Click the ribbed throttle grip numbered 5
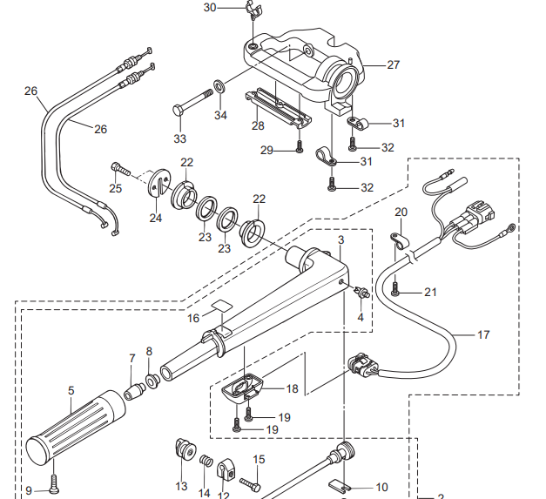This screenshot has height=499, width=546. coord(76,428)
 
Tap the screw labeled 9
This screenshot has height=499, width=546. coord(54,484)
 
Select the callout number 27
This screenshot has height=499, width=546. coord(393,64)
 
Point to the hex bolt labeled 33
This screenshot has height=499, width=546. coord(192,101)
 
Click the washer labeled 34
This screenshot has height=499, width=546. coord(219,85)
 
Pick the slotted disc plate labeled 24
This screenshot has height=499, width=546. coord(159,183)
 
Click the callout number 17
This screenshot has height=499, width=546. coord(483,334)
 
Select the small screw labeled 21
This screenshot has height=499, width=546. coord(394,289)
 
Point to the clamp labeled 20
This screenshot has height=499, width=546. coord(400,241)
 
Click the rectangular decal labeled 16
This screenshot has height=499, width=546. coord(222,306)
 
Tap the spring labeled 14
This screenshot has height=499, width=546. coord(206,461)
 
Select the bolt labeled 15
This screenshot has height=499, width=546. coord(251,484)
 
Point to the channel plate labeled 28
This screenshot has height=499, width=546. coord(278,108)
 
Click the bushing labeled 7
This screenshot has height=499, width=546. coord(134,392)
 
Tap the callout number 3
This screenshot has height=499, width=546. coord(340,240)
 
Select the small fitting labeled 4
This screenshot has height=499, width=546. coord(361,292)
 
